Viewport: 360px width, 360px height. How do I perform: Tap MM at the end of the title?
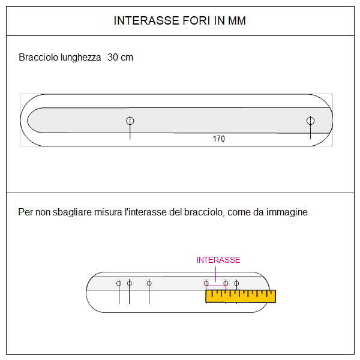coord(237,21)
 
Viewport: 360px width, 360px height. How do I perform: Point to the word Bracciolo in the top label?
coord(38,58)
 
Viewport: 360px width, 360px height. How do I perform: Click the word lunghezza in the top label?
coord(80,58)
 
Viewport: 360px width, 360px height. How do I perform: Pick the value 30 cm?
coord(120,58)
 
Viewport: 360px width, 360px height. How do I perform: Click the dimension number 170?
coord(218,139)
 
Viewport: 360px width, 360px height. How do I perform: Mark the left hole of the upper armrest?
coord(130,121)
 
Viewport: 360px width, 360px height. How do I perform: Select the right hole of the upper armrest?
coord(310,121)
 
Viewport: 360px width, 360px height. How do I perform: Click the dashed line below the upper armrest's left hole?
coord(130,133)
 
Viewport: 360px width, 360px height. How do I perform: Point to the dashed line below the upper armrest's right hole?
coord(310,133)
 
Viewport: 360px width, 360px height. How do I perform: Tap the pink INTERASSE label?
coord(218,260)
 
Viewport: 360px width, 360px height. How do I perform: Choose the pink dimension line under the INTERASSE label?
coord(216,286)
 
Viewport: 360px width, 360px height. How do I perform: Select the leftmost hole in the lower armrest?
coord(119,283)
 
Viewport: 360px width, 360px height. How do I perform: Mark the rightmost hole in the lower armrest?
coord(236,283)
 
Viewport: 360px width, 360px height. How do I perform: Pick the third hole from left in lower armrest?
coord(149,283)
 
